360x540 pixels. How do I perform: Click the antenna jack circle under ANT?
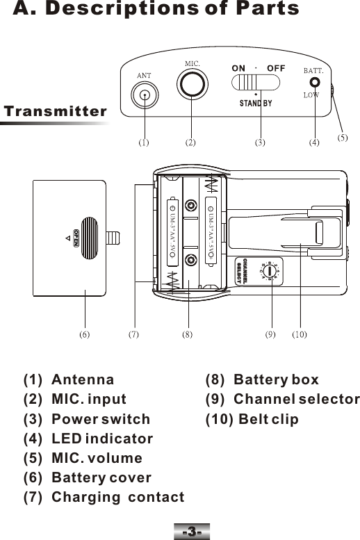tap(144, 97)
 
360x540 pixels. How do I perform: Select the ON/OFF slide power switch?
tap(255, 83)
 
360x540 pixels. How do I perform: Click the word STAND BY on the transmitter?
tap(255, 104)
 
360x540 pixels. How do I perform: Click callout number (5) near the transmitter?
tap(343, 138)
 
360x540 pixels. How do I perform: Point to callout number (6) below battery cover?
tap(83, 334)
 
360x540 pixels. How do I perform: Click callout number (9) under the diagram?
tap(271, 334)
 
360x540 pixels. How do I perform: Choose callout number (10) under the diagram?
tap(300, 334)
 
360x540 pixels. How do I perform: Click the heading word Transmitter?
tap(56, 111)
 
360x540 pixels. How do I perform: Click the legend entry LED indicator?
tap(101, 439)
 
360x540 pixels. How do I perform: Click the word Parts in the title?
tap(263, 9)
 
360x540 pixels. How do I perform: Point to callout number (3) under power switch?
tap(260, 143)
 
